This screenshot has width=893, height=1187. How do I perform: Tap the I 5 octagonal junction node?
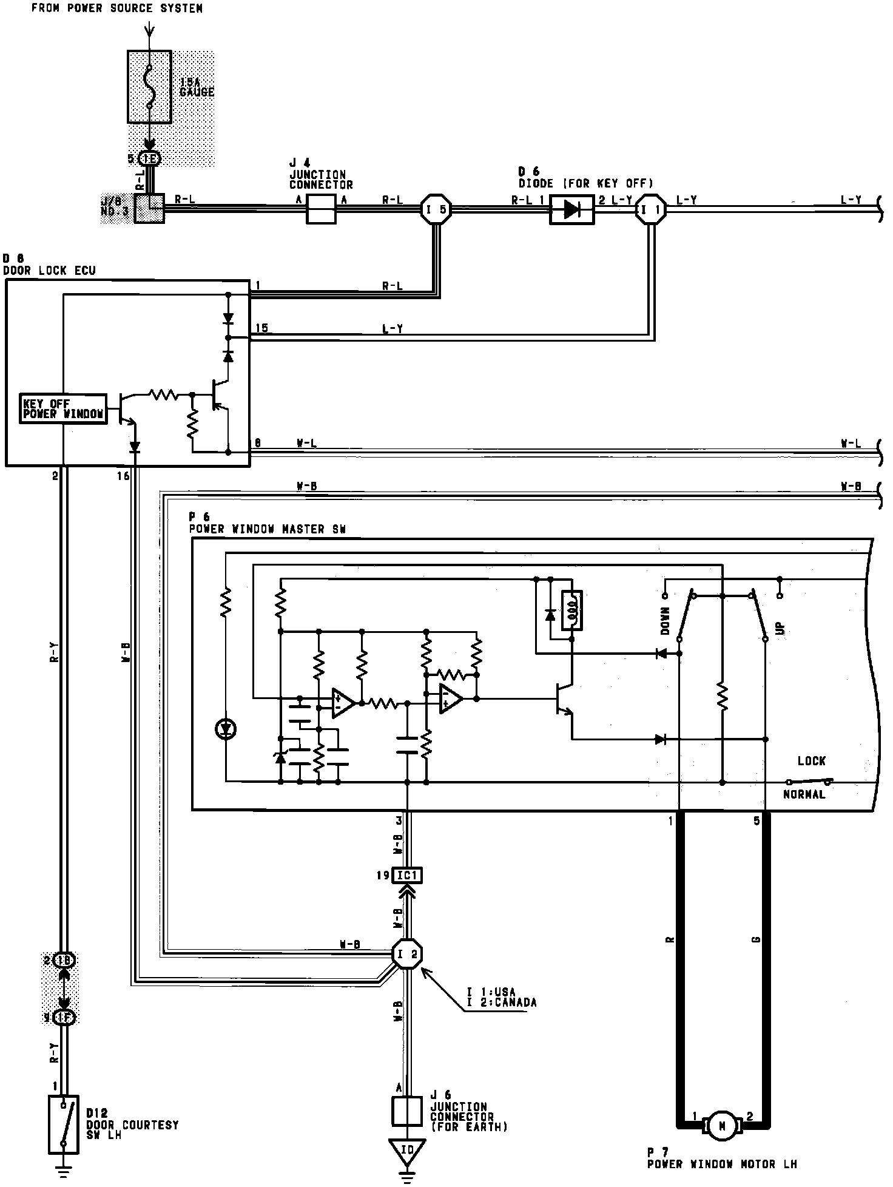(436, 209)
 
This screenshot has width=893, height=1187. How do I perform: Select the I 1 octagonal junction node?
(650, 209)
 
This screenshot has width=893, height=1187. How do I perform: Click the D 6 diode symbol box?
(571, 209)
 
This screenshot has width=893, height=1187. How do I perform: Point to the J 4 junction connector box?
(321, 209)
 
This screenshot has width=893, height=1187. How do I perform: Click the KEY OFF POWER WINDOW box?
(63, 409)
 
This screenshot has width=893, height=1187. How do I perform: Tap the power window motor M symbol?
(722, 1126)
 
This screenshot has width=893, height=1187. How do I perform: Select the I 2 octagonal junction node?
(406, 954)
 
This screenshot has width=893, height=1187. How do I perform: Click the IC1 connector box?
(407, 875)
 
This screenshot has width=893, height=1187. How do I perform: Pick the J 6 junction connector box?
(407, 1112)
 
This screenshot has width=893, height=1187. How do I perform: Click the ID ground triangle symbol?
(407, 1150)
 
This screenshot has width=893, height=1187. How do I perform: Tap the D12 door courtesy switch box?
(64, 1124)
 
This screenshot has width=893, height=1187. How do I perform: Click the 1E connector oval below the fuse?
(149, 159)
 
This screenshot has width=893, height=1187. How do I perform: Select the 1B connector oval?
(64, 961)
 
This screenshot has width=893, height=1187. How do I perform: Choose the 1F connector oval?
(64, 1017)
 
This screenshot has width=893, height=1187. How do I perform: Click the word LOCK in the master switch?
(811, 761)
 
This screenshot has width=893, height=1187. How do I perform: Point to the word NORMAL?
(804, 794)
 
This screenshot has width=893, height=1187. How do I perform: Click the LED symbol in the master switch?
(226, 729)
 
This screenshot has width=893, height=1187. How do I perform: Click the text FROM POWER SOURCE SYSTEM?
(116, 8)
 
